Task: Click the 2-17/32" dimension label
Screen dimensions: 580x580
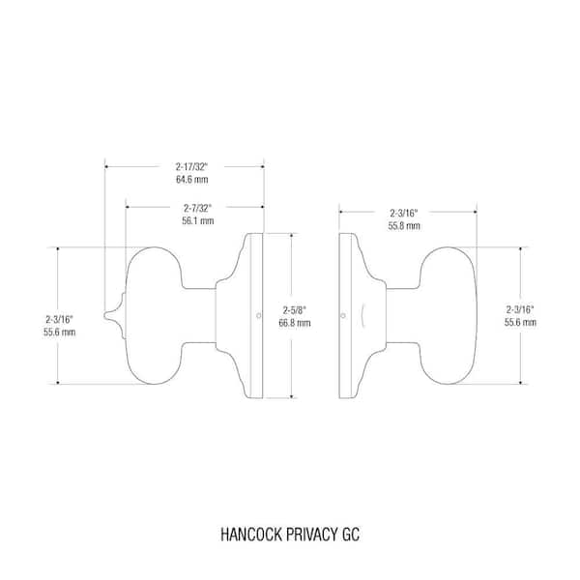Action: tap(191, 167)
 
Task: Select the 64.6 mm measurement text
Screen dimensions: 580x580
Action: tap(192, 180)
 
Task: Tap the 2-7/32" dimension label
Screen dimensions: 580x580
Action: tap(198, 208)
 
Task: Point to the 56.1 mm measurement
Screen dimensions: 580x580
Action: tap(198, 220)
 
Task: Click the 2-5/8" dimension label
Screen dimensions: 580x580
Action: tap(295, 310)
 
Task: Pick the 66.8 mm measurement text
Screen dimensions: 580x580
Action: tap(295, 323)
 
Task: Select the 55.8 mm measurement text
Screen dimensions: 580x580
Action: tap(404, 225)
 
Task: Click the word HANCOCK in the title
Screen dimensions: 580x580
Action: tap(251, 535)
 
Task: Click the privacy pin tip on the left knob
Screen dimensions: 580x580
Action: tap(104, 315)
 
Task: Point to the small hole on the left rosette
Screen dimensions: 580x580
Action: tap(258, 315)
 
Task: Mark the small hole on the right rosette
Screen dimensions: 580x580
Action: tap(343, 315)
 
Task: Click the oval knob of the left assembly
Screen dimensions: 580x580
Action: tap(155, 315)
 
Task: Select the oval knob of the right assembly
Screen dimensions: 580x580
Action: tap(448, 315)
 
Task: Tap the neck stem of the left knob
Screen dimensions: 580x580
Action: tap(199, 315)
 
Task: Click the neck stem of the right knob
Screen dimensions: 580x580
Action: tap(403, 315)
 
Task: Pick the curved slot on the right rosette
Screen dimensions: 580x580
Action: tap(363, 315)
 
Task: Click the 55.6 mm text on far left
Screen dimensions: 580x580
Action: tap(59, 333)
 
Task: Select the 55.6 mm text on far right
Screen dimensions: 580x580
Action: tap(520, 323)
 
